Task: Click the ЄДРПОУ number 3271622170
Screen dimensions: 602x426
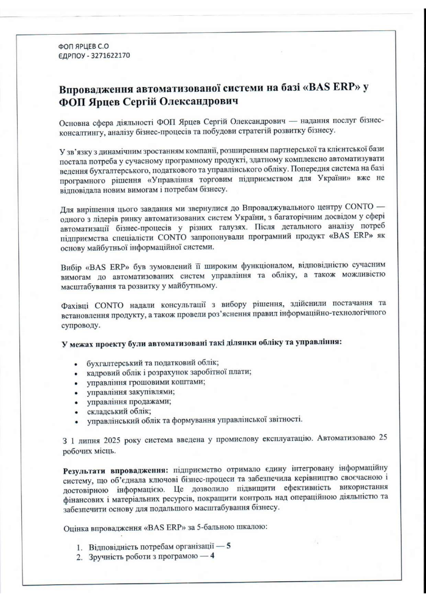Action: [x=108, y=55]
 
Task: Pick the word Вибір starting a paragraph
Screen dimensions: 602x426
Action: [x=73, y=267]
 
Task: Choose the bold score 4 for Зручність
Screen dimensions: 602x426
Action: [x=212, y=556]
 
